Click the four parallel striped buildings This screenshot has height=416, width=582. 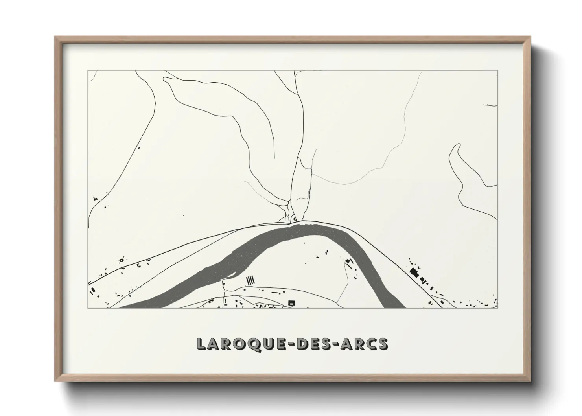(250, 280)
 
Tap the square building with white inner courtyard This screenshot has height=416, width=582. (291, 302)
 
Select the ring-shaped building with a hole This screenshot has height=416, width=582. (121, 260)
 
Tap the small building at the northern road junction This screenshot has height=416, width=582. (294, 219)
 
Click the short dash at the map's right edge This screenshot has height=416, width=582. (490, 105)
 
